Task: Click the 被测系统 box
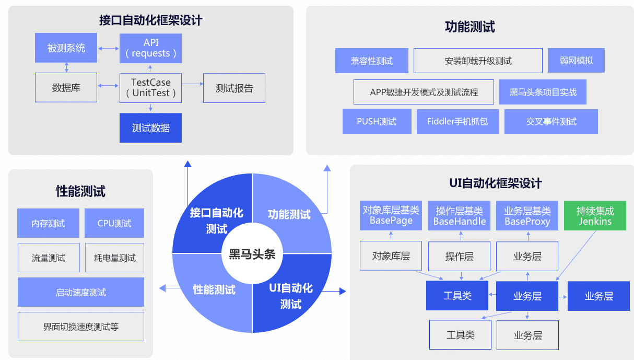pyautogui.click(x=66, y=48)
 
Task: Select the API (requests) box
pyautogui.click(x=150, y=48)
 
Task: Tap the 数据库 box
pyautogui.click(x=66, y=87)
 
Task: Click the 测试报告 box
pyautogui.click(x=234, y=88)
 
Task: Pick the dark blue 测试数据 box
pyautogui.click(x=150, y=127)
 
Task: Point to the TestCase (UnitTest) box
pyautogui.click(x=150, y=87)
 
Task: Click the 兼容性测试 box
pyautogui.click(x=371, y=61)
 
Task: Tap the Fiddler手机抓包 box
pyautogui.click(x=457, y=121)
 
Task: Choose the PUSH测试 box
pyautogui.click(x=377, y=121)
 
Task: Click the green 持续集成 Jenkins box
pyautogui.click(x=595, y=216)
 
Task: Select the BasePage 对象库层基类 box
pyautogui.click(x=391, y=216)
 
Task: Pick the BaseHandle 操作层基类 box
pyautogui.click(x=459, y=216)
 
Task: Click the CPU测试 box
pyautogui.click(x=114, y=223)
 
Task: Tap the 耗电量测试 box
pyautogui.click(x=114, y=258)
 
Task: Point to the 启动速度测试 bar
pyautogui.click(x=81, y=292)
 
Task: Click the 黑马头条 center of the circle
pyautogui.click(x=252, y=254)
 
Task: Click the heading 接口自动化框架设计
pyautogui.click(x=150, y=20)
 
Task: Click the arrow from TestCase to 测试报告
pyautogui.click(x=192, y=84)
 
